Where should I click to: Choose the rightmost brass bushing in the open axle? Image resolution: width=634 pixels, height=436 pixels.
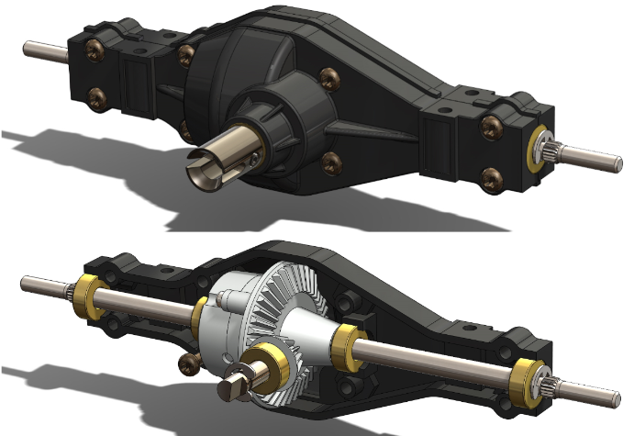click(528, 375)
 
